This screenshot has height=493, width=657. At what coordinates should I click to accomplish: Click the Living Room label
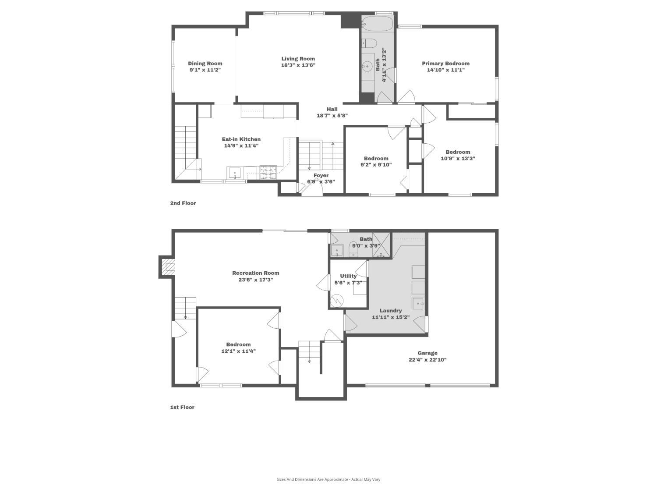pos(298,59)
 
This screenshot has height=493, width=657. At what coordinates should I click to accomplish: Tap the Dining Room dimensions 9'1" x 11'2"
pos(205,70)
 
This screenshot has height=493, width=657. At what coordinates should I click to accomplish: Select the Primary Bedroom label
pos(445,64)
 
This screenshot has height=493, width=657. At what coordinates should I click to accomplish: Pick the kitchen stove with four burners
pos(268,173)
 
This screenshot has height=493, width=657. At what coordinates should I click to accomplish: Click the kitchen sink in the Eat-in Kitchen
pos(235,173)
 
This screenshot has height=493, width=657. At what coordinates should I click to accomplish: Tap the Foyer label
pos(321,175)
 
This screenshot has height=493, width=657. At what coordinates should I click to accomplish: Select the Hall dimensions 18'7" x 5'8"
pos(332,116)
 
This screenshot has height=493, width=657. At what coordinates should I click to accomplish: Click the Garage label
pos(427,353)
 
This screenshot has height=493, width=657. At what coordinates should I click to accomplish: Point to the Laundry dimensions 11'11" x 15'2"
pos(390,317)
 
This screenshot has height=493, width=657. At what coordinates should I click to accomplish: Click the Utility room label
pos(348,276)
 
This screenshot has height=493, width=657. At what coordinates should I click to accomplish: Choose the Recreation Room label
pos(256,273)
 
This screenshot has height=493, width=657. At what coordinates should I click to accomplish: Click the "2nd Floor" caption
pos(183,203)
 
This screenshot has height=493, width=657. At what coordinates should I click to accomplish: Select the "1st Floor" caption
pos(182,408)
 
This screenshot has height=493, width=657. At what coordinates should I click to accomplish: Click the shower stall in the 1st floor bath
pos(381,245)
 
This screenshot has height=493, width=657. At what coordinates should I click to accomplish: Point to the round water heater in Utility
pos(337,301)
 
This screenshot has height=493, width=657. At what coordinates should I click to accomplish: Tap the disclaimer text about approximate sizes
pos(328,479)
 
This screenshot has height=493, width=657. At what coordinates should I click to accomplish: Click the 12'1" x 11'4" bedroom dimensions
pos(238,351)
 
